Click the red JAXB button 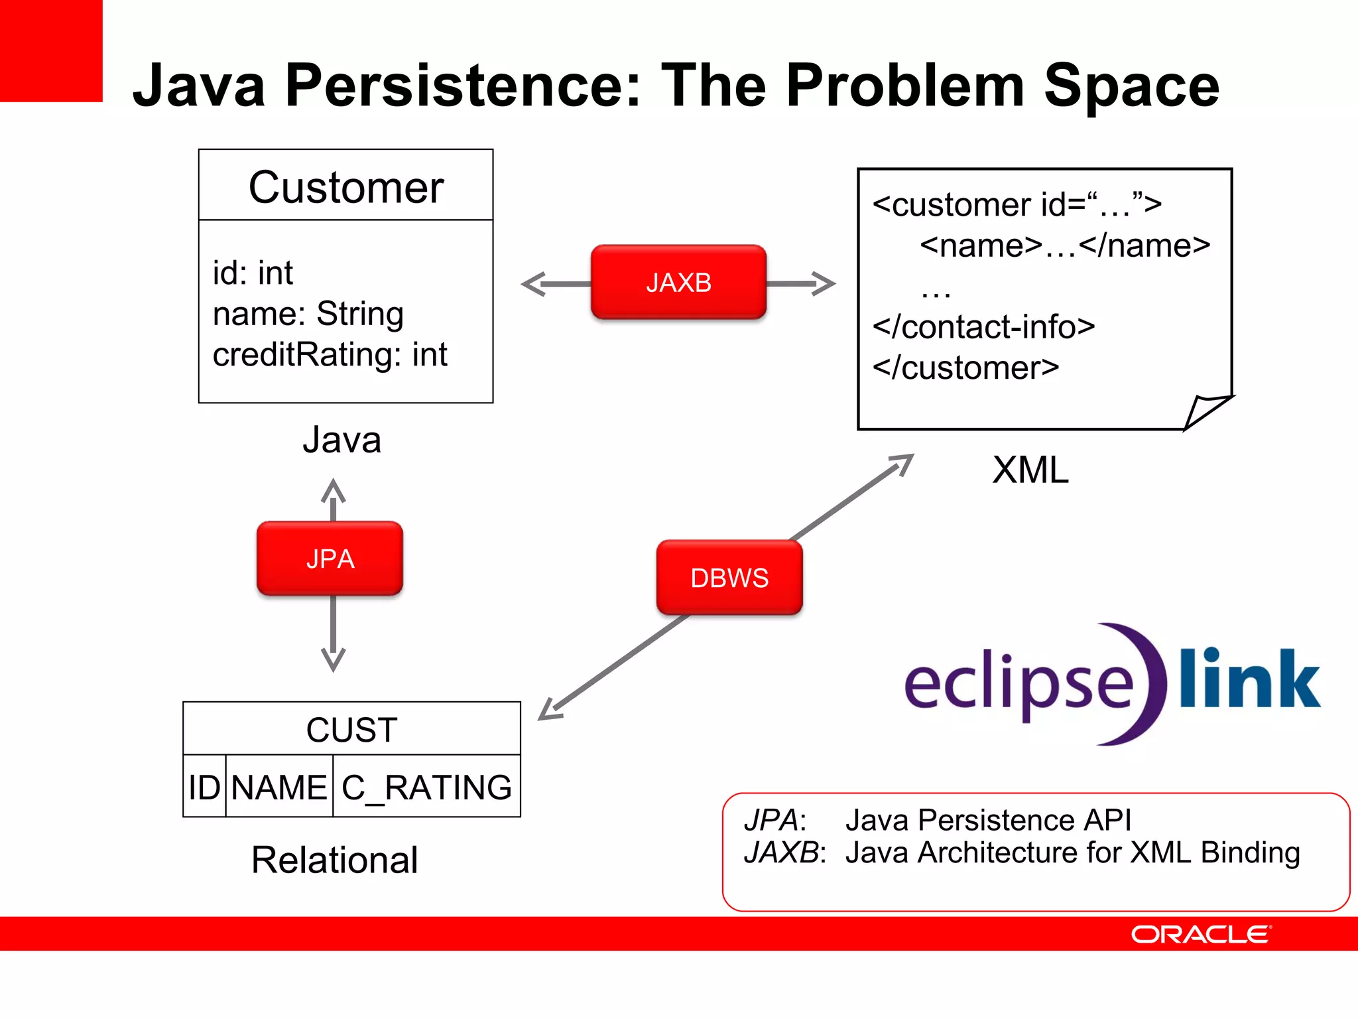coord(678,283)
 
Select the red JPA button coord(330,559)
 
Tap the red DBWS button coord(729,578)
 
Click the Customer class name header coord(345,187)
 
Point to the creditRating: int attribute coord(330,354)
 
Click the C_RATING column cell coord(426,787)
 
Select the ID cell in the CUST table coord(204,787)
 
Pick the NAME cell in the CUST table coord(279,787)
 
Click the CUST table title coord(351,730)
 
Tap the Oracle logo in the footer coord(1201,934)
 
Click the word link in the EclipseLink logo coord(1249,679)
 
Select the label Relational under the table coord(335,860)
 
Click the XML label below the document coord(1030,470)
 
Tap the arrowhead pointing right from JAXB coord(824,284)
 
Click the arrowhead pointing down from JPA coord(333,660)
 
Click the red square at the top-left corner coord(51,50)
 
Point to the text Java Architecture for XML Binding coord(1072,852)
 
